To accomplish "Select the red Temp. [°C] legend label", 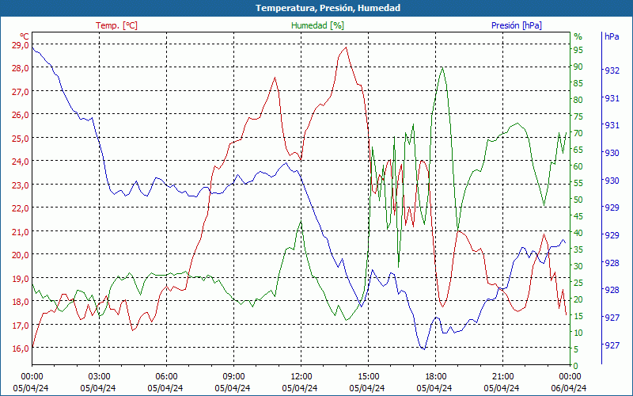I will [x=116, y=25].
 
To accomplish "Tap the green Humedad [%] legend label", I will [x=317, y=25].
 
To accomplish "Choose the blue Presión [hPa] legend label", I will [x=517, y=25].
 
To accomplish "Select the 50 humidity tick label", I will [x=578, y=200].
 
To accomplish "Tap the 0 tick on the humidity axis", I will [x=576, y=365].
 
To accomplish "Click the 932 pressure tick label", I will [x=612, y=70].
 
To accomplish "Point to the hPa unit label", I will [x=612, y=36].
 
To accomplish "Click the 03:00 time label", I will [x=99, y=376].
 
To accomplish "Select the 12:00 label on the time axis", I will [x=301, y=376].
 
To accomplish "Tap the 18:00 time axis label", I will [x=436, y=376].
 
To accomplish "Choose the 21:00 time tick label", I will [x=503, y=376].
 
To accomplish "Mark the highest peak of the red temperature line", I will [x=345, y=48].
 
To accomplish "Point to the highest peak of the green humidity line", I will [x=442, y=67].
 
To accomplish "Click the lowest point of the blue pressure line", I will [x=423, y=348].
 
